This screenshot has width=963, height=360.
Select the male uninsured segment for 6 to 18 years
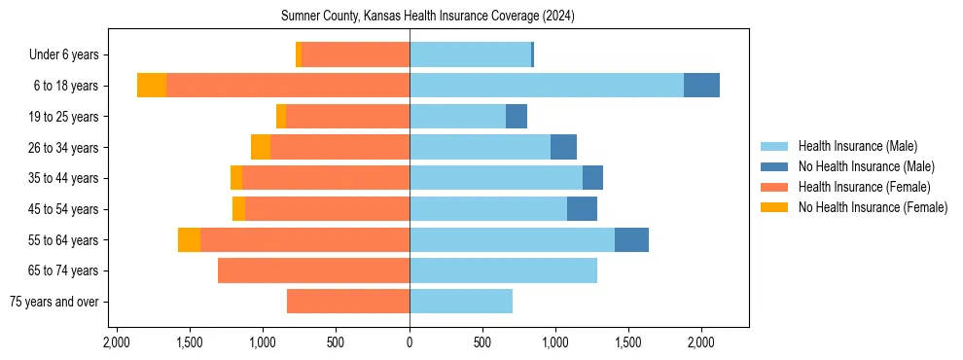[701, 86]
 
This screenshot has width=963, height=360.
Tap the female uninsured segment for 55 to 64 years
[189, 240]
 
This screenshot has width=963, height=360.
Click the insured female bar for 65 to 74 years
[313, 270]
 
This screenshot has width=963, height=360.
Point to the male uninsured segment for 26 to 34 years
[563, 148]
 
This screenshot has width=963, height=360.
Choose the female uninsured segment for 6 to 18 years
[152, 86]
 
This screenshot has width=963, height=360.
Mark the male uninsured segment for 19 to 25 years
[517, 117]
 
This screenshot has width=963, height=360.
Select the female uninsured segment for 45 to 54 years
[238, 209]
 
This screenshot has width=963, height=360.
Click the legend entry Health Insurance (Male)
[857, 146]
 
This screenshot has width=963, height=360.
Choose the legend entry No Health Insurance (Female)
[872, 207]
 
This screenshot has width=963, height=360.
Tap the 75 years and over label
[53, 302]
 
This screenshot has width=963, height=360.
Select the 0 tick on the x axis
[410, 342]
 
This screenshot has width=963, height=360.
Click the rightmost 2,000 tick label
[701, 342]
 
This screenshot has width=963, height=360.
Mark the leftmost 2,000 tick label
[117, 342]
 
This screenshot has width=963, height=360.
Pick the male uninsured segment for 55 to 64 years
[631, 240]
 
